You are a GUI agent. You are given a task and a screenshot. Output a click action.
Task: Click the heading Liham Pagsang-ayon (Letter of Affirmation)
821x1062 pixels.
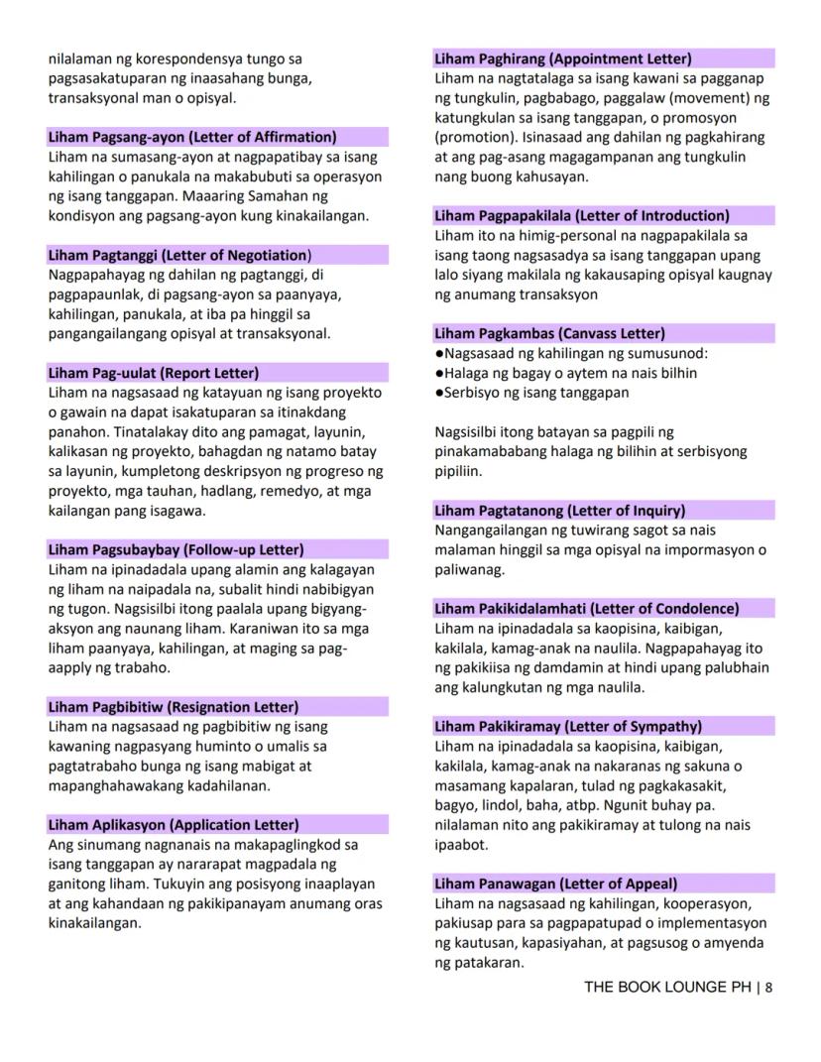(x=192, y=137)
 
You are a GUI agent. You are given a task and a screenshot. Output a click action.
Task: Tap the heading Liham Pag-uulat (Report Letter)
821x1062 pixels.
(x=154, y=373)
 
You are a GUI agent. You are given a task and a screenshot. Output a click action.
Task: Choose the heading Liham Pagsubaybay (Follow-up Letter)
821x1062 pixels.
(x=176, y=549)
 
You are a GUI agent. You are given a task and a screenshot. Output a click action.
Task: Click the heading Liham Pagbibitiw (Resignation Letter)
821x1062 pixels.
(x=174, y=707)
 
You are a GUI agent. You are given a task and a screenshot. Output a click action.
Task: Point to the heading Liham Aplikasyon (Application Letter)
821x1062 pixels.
(x=174, y=825)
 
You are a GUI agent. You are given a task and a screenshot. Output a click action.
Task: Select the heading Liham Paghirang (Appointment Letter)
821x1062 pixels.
(x=563, y=59)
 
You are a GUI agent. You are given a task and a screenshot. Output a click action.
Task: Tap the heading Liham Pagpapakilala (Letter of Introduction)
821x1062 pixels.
(x=582, y=215)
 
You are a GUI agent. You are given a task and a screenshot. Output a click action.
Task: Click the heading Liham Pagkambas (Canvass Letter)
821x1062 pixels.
(x=549, y=333)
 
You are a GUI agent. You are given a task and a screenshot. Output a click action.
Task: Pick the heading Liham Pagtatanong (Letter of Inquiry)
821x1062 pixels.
(x=560, y=511)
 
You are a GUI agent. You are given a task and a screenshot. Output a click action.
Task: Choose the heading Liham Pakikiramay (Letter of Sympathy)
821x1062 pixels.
(x=568, y=727)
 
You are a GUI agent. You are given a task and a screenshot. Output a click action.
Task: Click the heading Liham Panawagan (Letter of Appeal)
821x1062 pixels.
(x=556, y=884)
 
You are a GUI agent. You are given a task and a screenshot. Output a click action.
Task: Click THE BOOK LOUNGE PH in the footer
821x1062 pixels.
(x=667, y=987)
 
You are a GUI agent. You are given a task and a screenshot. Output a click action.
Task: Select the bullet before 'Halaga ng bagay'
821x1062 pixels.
(x=439, y=374)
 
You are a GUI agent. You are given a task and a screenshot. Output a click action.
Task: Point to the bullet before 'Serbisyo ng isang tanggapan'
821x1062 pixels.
(x=439, y=393)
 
